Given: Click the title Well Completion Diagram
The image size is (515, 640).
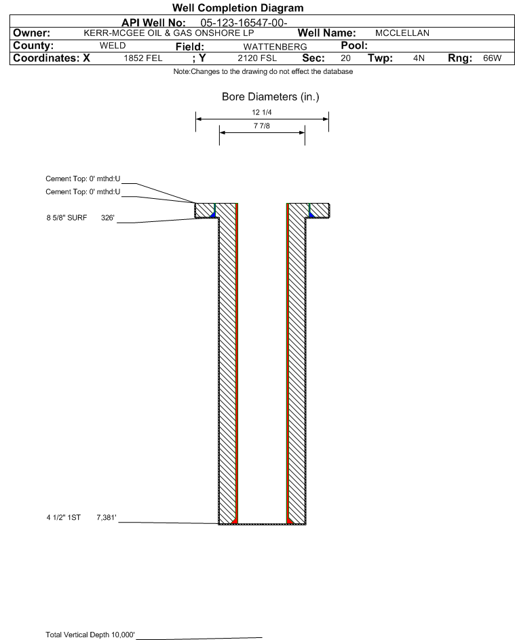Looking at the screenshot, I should [x=237, y=8].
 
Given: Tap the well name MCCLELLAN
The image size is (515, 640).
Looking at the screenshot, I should [x=402, y=33].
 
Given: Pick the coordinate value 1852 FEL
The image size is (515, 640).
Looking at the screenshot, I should [x=142, y=58].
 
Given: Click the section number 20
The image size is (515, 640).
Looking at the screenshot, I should [x=345, y=58].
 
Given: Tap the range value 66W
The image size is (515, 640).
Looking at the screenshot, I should [x=491, y=58].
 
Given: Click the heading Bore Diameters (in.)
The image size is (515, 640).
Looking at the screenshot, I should [x=270, y=97].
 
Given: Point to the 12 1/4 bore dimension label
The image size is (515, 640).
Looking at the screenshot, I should [x=262, y=113].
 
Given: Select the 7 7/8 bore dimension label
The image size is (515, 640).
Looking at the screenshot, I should [x=262, y=126].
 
